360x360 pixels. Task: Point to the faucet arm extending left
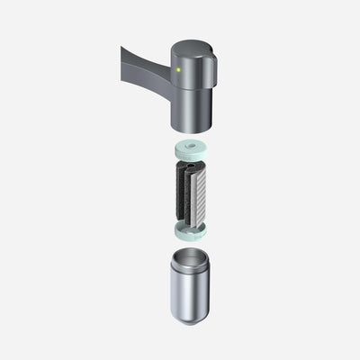pos(144,68)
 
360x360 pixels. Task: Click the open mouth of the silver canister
pos(192,259)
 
